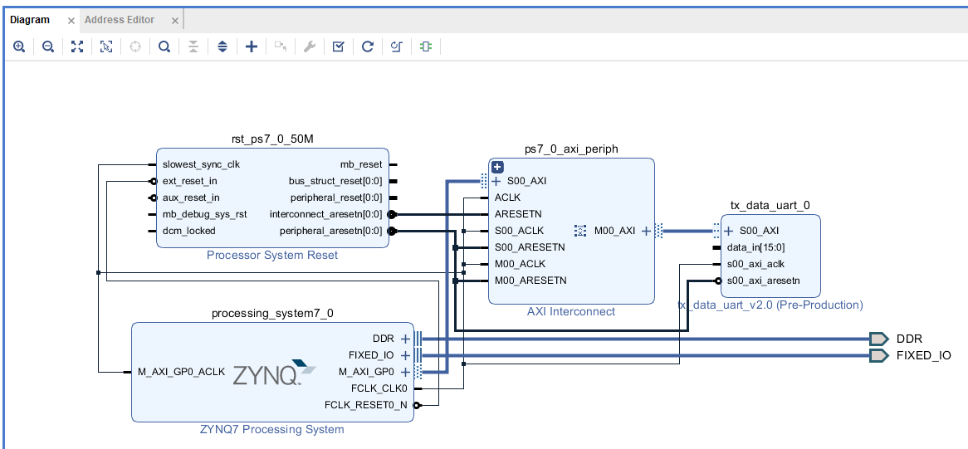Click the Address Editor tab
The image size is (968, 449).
point(120,20)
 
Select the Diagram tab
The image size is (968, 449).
point(30,20)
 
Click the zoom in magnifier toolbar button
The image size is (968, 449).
point(19,47)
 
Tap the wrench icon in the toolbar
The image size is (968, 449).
point(309,47)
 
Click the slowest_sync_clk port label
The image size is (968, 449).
point(201,164)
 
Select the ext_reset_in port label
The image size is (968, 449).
point(190,181)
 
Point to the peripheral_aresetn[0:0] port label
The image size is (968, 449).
point(330,231)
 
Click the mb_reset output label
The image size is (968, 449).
point(361,164)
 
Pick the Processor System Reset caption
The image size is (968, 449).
point(272,255)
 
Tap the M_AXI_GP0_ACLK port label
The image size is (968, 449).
point(181,372)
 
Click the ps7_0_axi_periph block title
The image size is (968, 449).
point(571,149)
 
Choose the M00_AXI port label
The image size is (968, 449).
point(614,231)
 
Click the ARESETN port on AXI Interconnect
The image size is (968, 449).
point(518,214)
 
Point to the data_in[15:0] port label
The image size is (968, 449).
point(755,247)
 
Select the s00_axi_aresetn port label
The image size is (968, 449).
point(763,281)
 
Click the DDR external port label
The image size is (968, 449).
point(909,339)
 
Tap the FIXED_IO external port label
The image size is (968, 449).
point(923,355)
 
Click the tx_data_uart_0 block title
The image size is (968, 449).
point(770,205)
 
